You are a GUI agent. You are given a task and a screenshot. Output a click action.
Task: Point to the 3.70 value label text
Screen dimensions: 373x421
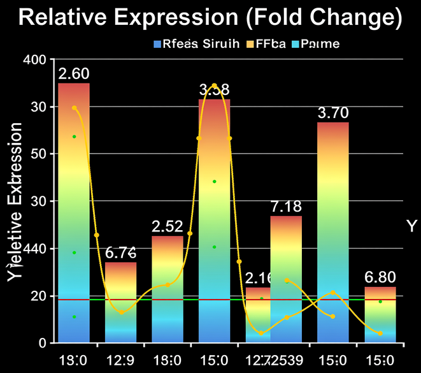tap(333, 113)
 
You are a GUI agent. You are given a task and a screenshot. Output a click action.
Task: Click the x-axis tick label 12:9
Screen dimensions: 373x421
tap(121, 360)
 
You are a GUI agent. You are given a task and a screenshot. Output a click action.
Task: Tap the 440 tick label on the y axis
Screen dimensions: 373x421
tap(32, 249)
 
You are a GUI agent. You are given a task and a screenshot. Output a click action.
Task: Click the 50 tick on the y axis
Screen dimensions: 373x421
tap(39, 154)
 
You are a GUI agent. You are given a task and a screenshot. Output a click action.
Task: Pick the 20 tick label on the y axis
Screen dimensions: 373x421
tap(39, 296)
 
